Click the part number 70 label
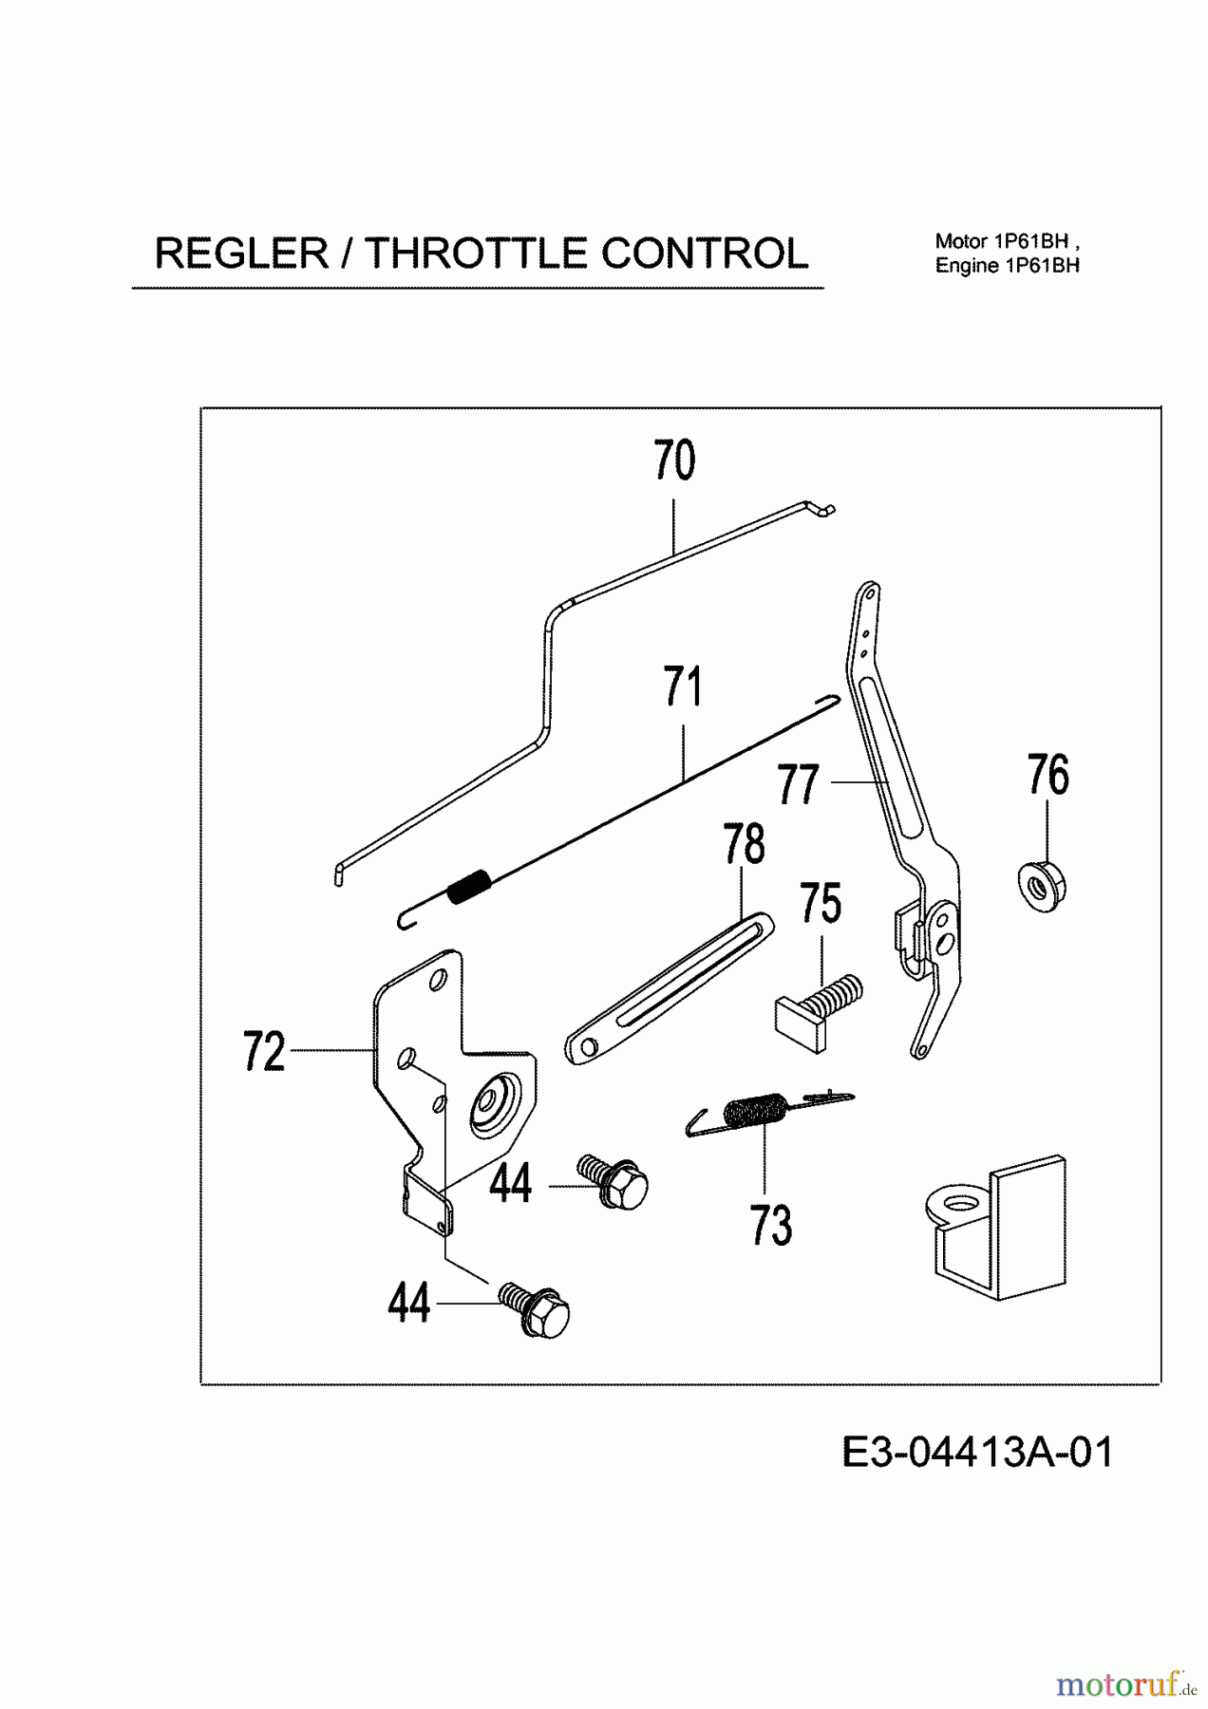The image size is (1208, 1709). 674,461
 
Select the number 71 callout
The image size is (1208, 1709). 683,687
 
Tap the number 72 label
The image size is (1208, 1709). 264,1052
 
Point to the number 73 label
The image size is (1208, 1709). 770,1225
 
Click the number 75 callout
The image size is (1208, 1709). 821,903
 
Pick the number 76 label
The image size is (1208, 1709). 1048,776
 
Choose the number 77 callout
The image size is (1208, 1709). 798,784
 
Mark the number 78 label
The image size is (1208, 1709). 744,844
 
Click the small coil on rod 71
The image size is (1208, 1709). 469,887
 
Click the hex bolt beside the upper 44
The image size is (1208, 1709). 615,1180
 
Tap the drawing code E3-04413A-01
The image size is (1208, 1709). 977,1452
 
